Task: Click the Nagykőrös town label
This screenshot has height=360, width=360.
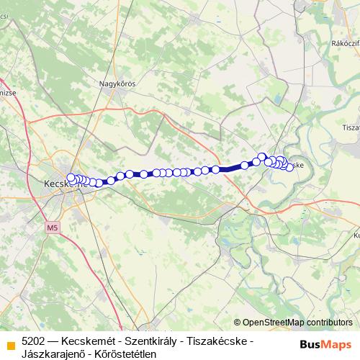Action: pos(117,84)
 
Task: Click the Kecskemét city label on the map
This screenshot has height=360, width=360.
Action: pos(61,184)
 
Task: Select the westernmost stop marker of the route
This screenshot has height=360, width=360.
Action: pos(71,177)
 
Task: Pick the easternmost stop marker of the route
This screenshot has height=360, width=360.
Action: pos(289,167)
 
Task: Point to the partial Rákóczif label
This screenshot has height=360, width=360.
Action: pos(344,43)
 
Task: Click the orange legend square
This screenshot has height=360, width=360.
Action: pos(9,344)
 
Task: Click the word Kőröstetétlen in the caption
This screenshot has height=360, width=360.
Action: pos(126,352)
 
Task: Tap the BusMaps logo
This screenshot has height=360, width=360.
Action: pos(325,344)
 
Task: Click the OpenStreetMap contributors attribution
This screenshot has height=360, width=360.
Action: pos(297,323)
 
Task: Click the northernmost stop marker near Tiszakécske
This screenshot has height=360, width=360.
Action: pos(262,156)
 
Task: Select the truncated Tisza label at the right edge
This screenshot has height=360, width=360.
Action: pos(351,127)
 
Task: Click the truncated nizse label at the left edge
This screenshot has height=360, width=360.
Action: pos(7,93)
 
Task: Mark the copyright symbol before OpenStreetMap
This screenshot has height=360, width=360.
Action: pos(238,323)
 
